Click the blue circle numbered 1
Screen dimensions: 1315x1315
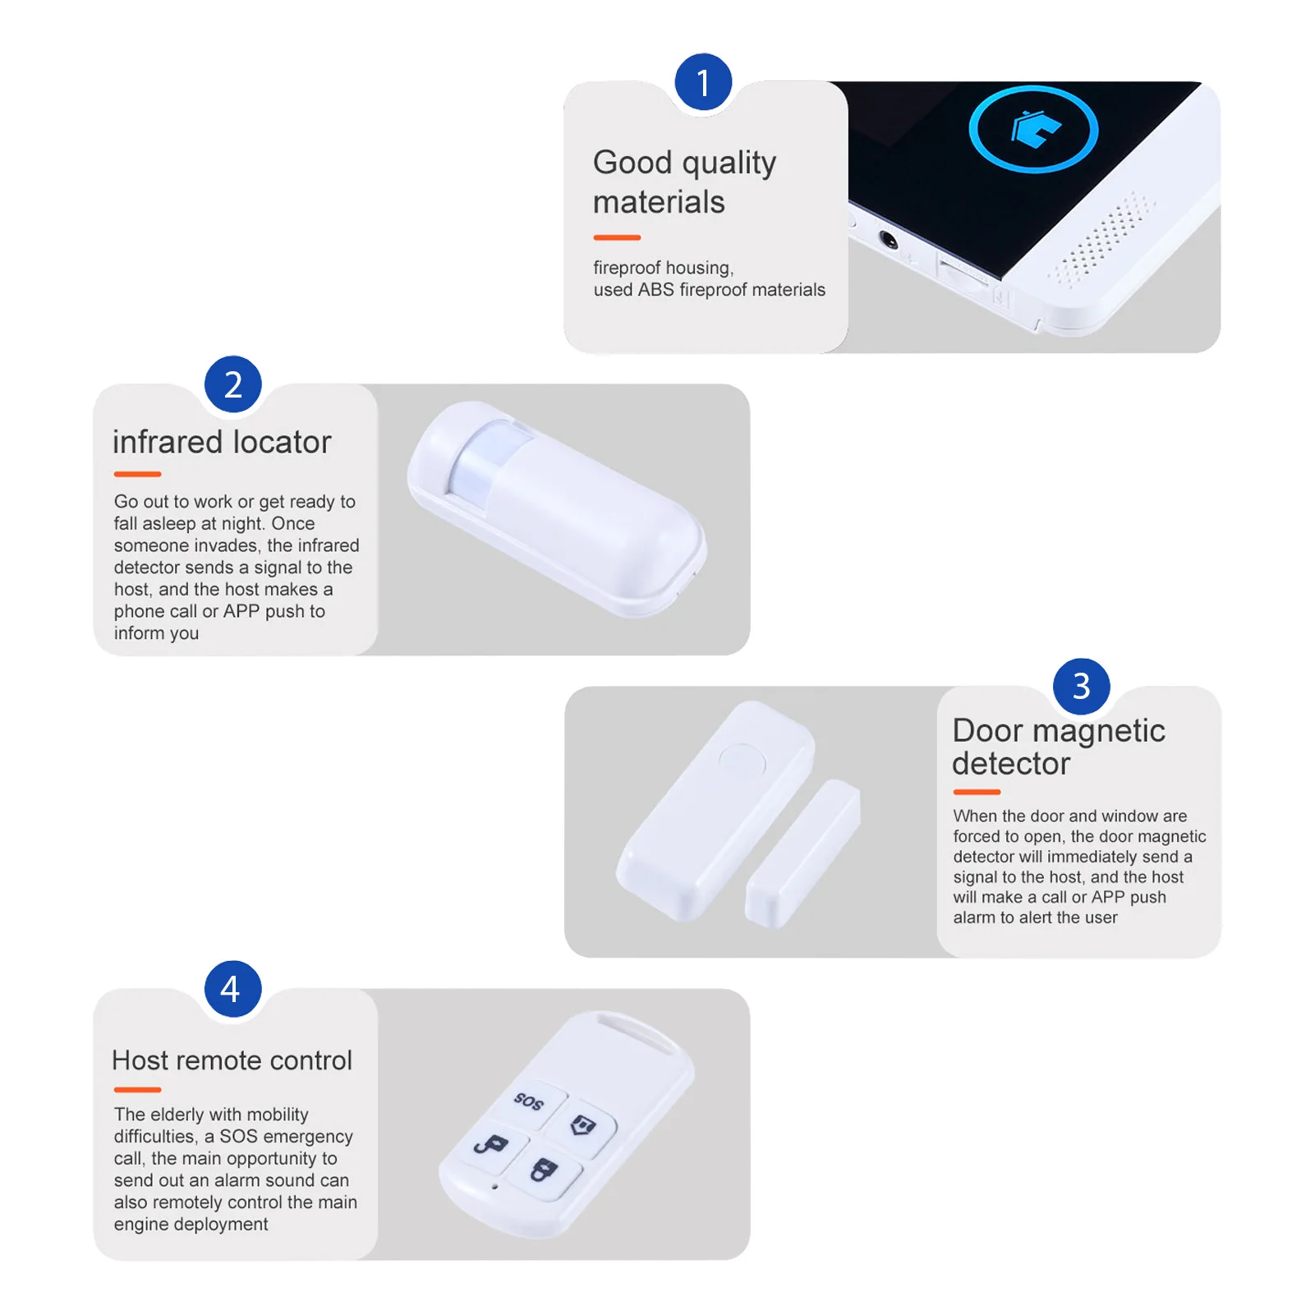(x=703, y=82)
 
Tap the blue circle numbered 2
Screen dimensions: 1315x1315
(x=233, y=384)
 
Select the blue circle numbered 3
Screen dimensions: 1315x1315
(x=1081, y=687)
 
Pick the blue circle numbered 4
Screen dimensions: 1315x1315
(x=233, y=989)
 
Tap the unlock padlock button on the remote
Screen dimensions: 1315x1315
(x=491, y=1144)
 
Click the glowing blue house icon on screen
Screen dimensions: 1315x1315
(x=1034, y=129)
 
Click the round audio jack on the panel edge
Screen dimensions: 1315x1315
(x=889, y=240)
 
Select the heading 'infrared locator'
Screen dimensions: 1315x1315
(x=222, y=442)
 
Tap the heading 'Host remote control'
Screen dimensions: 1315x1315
(x=232, y=1060)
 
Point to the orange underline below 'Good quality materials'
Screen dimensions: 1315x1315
(x=617, y=237)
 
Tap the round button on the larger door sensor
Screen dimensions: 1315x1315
(x=742, y=761)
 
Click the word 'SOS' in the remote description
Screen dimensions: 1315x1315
(x=238, y=1137)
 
